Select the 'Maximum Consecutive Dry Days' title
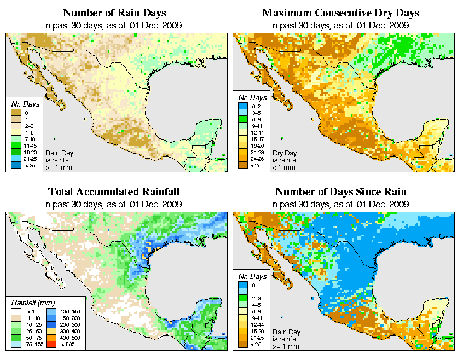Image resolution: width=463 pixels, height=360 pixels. click(340, 13)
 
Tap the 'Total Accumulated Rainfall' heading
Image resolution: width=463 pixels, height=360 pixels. click(113, 192)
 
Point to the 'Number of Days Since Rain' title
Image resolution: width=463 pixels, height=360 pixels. click(340, 192)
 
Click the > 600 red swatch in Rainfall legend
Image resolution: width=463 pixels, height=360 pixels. click(50, 346)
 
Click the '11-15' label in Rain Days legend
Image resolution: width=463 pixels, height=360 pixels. click(30, 146)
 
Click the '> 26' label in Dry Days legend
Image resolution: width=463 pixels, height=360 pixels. click(256, 165)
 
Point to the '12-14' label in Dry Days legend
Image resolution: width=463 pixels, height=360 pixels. click(256, 132)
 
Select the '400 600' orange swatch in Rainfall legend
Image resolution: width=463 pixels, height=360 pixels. click(50, 339)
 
